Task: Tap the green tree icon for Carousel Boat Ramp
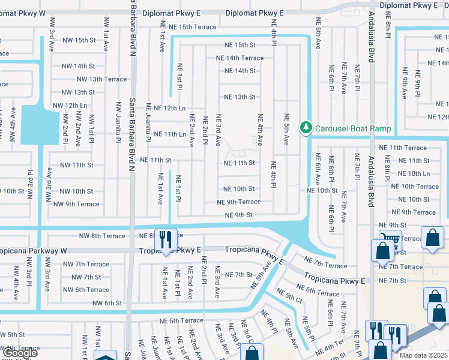pos(307,128)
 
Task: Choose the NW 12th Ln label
pos(70,106)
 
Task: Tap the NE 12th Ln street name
pos(170,108)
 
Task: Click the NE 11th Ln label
pos(170,134)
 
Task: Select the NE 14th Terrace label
pos(240,58)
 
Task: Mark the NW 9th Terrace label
pos(76,204)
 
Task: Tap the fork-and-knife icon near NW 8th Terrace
pos(164,239)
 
